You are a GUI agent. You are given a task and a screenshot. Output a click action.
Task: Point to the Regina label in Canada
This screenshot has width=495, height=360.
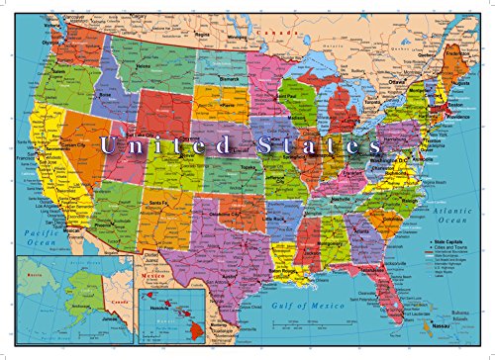pos(204,30)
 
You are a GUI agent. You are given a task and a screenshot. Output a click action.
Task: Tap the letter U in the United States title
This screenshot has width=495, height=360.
pos(108,146)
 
